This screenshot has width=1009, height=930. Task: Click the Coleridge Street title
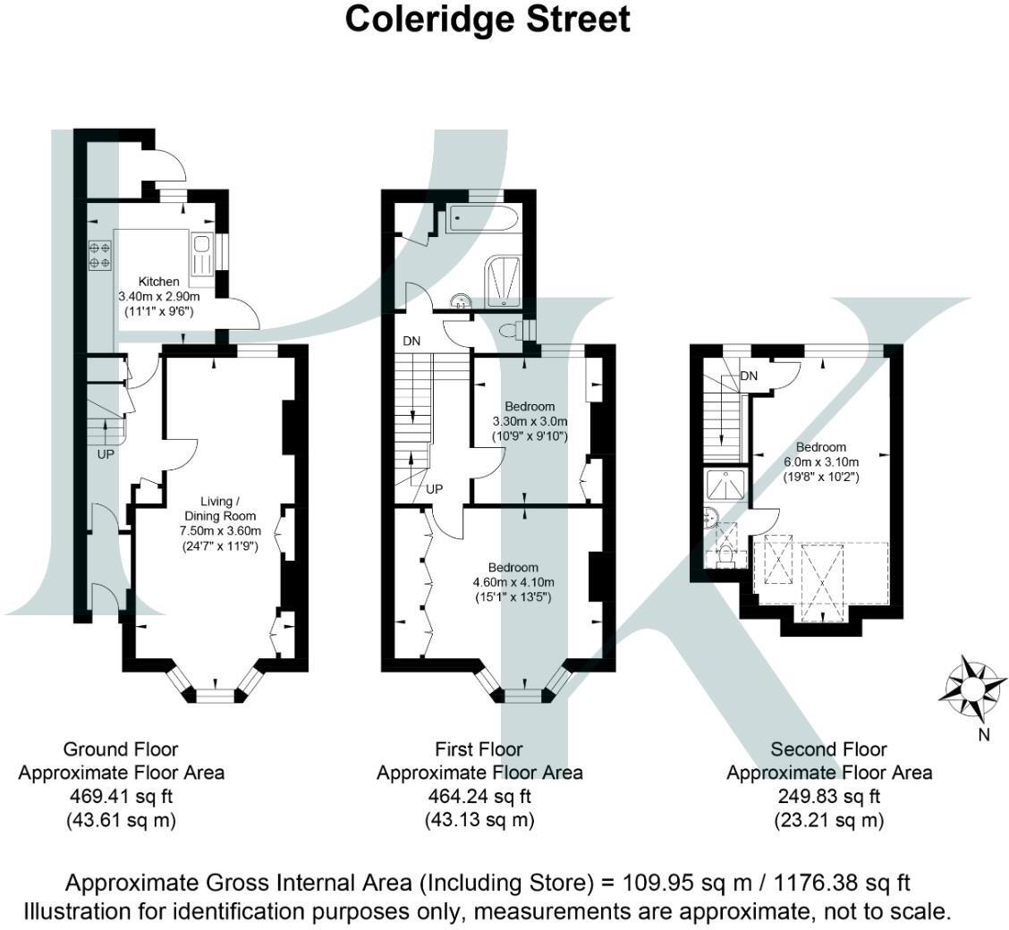488,19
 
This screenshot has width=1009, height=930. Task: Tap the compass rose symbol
971,689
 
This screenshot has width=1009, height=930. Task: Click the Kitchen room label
158,281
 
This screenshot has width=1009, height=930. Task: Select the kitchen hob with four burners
98,254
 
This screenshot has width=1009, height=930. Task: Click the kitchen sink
200,254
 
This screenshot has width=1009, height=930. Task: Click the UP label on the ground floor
106,454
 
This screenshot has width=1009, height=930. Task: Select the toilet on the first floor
512,330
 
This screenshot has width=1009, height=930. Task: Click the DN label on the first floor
412,341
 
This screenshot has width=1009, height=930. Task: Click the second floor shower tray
726,486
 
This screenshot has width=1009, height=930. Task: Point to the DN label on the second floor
749,376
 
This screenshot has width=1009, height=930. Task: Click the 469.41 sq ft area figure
122,796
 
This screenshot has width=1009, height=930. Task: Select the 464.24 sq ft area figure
479,796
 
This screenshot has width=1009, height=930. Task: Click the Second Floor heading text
828,749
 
